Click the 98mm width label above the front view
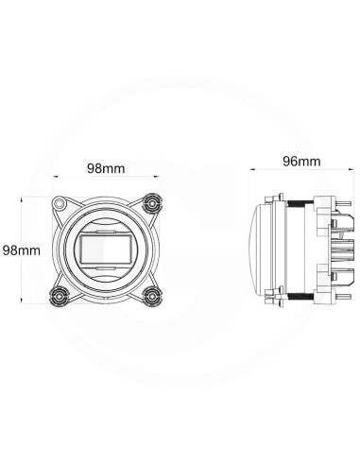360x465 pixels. coord(107,167)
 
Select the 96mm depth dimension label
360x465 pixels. coord(300,161)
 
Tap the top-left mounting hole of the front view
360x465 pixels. coord(61,203)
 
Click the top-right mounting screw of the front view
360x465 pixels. coord(150,203)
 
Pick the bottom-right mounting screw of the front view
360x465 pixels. coord(150,295)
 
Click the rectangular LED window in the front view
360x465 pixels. coord(106,250)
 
